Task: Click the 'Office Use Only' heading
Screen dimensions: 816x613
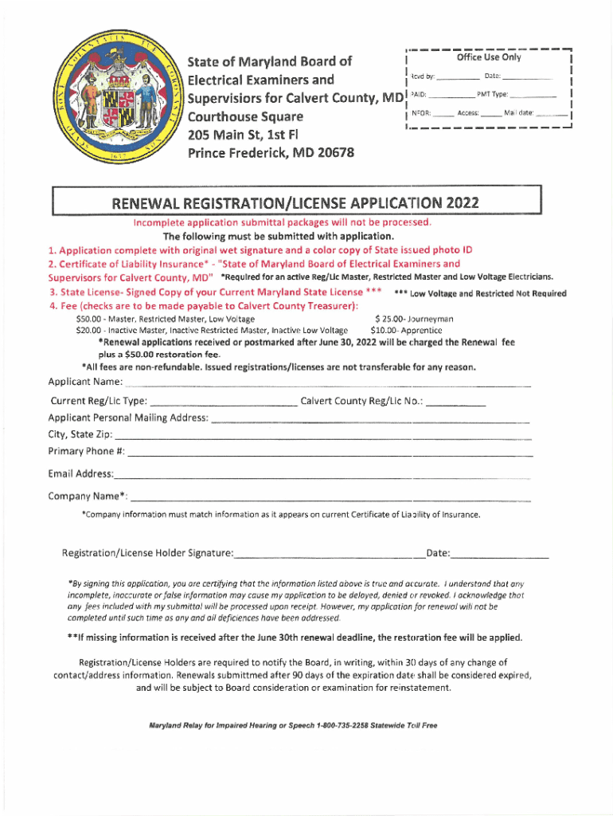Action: (x=488, y=57)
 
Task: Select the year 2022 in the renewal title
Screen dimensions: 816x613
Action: (x=463, y=202)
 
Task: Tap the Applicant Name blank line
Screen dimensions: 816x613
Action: (x=326, y=385)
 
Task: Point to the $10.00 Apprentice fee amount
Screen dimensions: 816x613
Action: (x=385, y=330)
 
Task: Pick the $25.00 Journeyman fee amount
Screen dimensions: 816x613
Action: (x=390, y=319)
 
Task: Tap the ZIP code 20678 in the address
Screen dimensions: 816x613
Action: (x=330, y=153)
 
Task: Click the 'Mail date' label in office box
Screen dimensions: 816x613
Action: (x=518, y=113)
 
